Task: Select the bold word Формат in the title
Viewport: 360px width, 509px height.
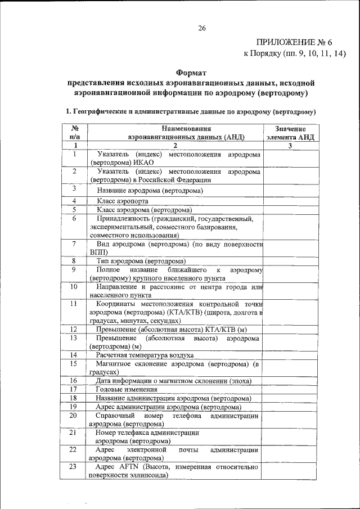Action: (192, 73)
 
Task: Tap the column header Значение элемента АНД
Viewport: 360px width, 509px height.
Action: (290, 133)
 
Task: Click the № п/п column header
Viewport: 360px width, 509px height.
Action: (74, 133)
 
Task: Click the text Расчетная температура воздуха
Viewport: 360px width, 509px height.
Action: (145, 355)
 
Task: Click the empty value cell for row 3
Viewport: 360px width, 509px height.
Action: (290, 191)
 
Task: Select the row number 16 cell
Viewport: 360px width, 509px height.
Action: (73, 381)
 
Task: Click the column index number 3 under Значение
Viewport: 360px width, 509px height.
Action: (290, 146)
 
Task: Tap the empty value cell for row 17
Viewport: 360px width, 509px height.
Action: (290, 389)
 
